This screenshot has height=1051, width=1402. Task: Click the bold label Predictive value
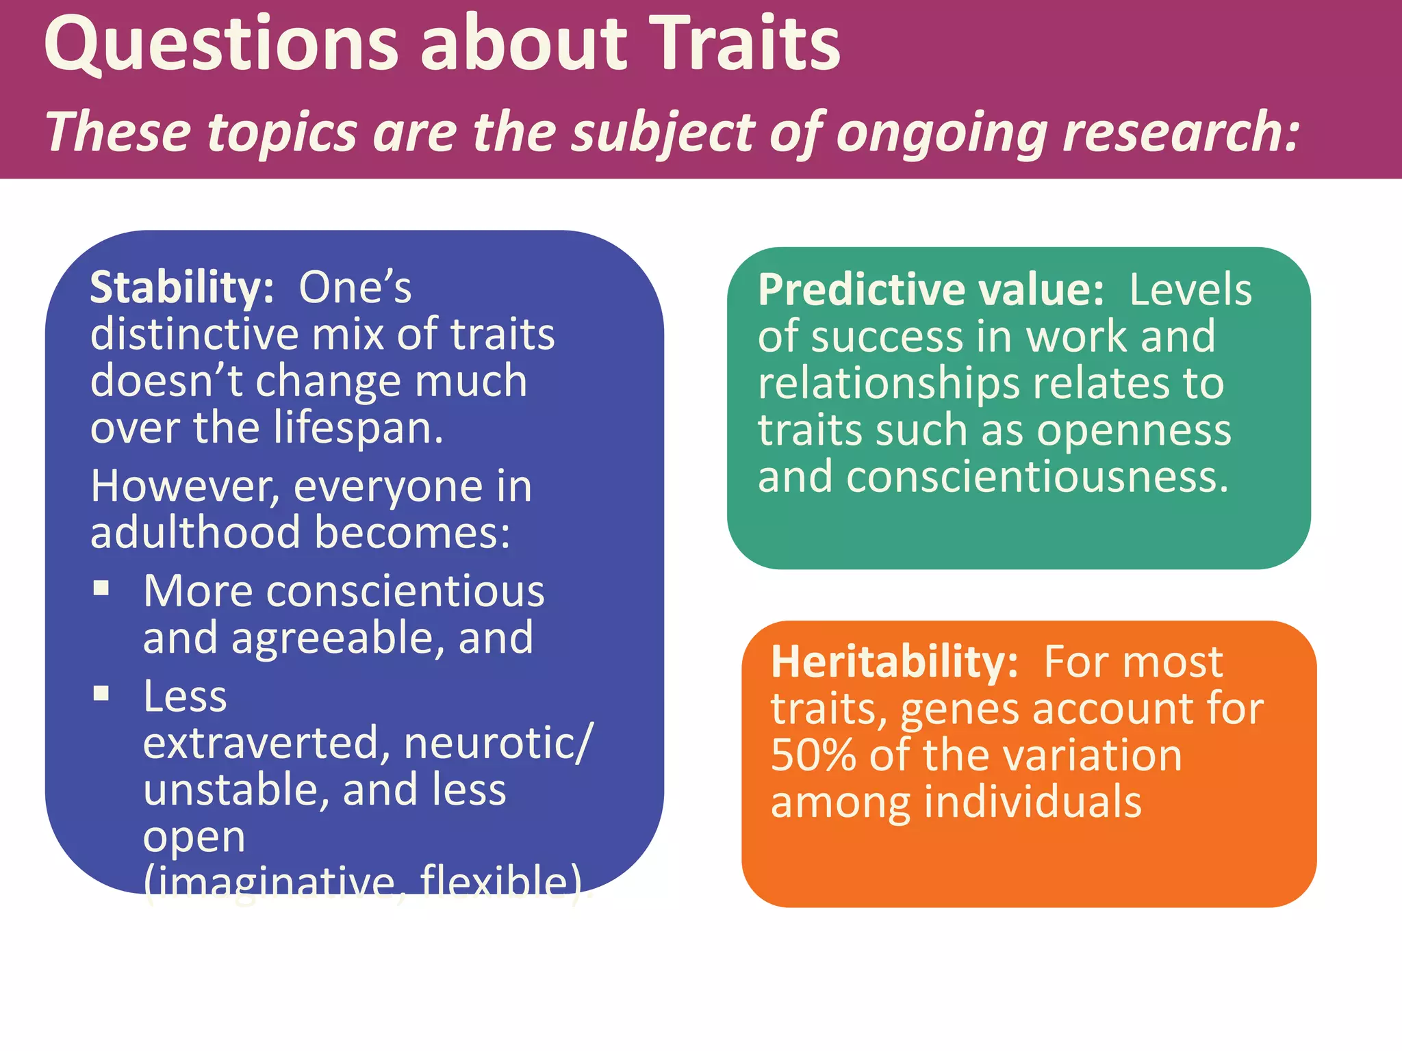coord(930,290)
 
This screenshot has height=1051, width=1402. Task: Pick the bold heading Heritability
coord(894,662)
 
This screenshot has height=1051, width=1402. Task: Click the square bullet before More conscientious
coord(101,588)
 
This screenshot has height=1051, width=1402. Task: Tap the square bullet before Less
coord(101,694)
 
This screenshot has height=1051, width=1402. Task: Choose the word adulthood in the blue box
coord(195,533)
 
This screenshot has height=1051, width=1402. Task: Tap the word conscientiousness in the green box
coord(1037,477)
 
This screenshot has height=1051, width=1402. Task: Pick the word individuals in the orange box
coord(1033,802)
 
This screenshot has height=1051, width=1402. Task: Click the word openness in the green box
coord(1134,430)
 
